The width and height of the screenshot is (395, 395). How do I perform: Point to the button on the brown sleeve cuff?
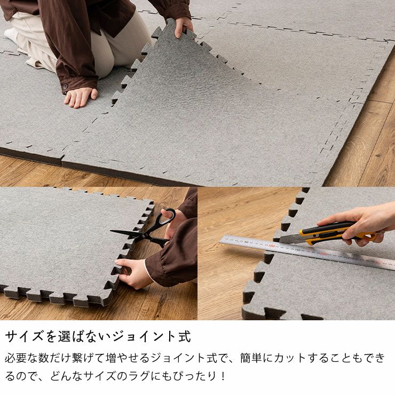(x=66, y=85)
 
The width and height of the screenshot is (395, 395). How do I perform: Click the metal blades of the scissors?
(x=128, y=233)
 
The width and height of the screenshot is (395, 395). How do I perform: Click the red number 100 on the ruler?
(x=271, y=246)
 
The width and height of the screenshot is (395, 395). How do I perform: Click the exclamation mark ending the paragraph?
(x=223, y=376)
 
